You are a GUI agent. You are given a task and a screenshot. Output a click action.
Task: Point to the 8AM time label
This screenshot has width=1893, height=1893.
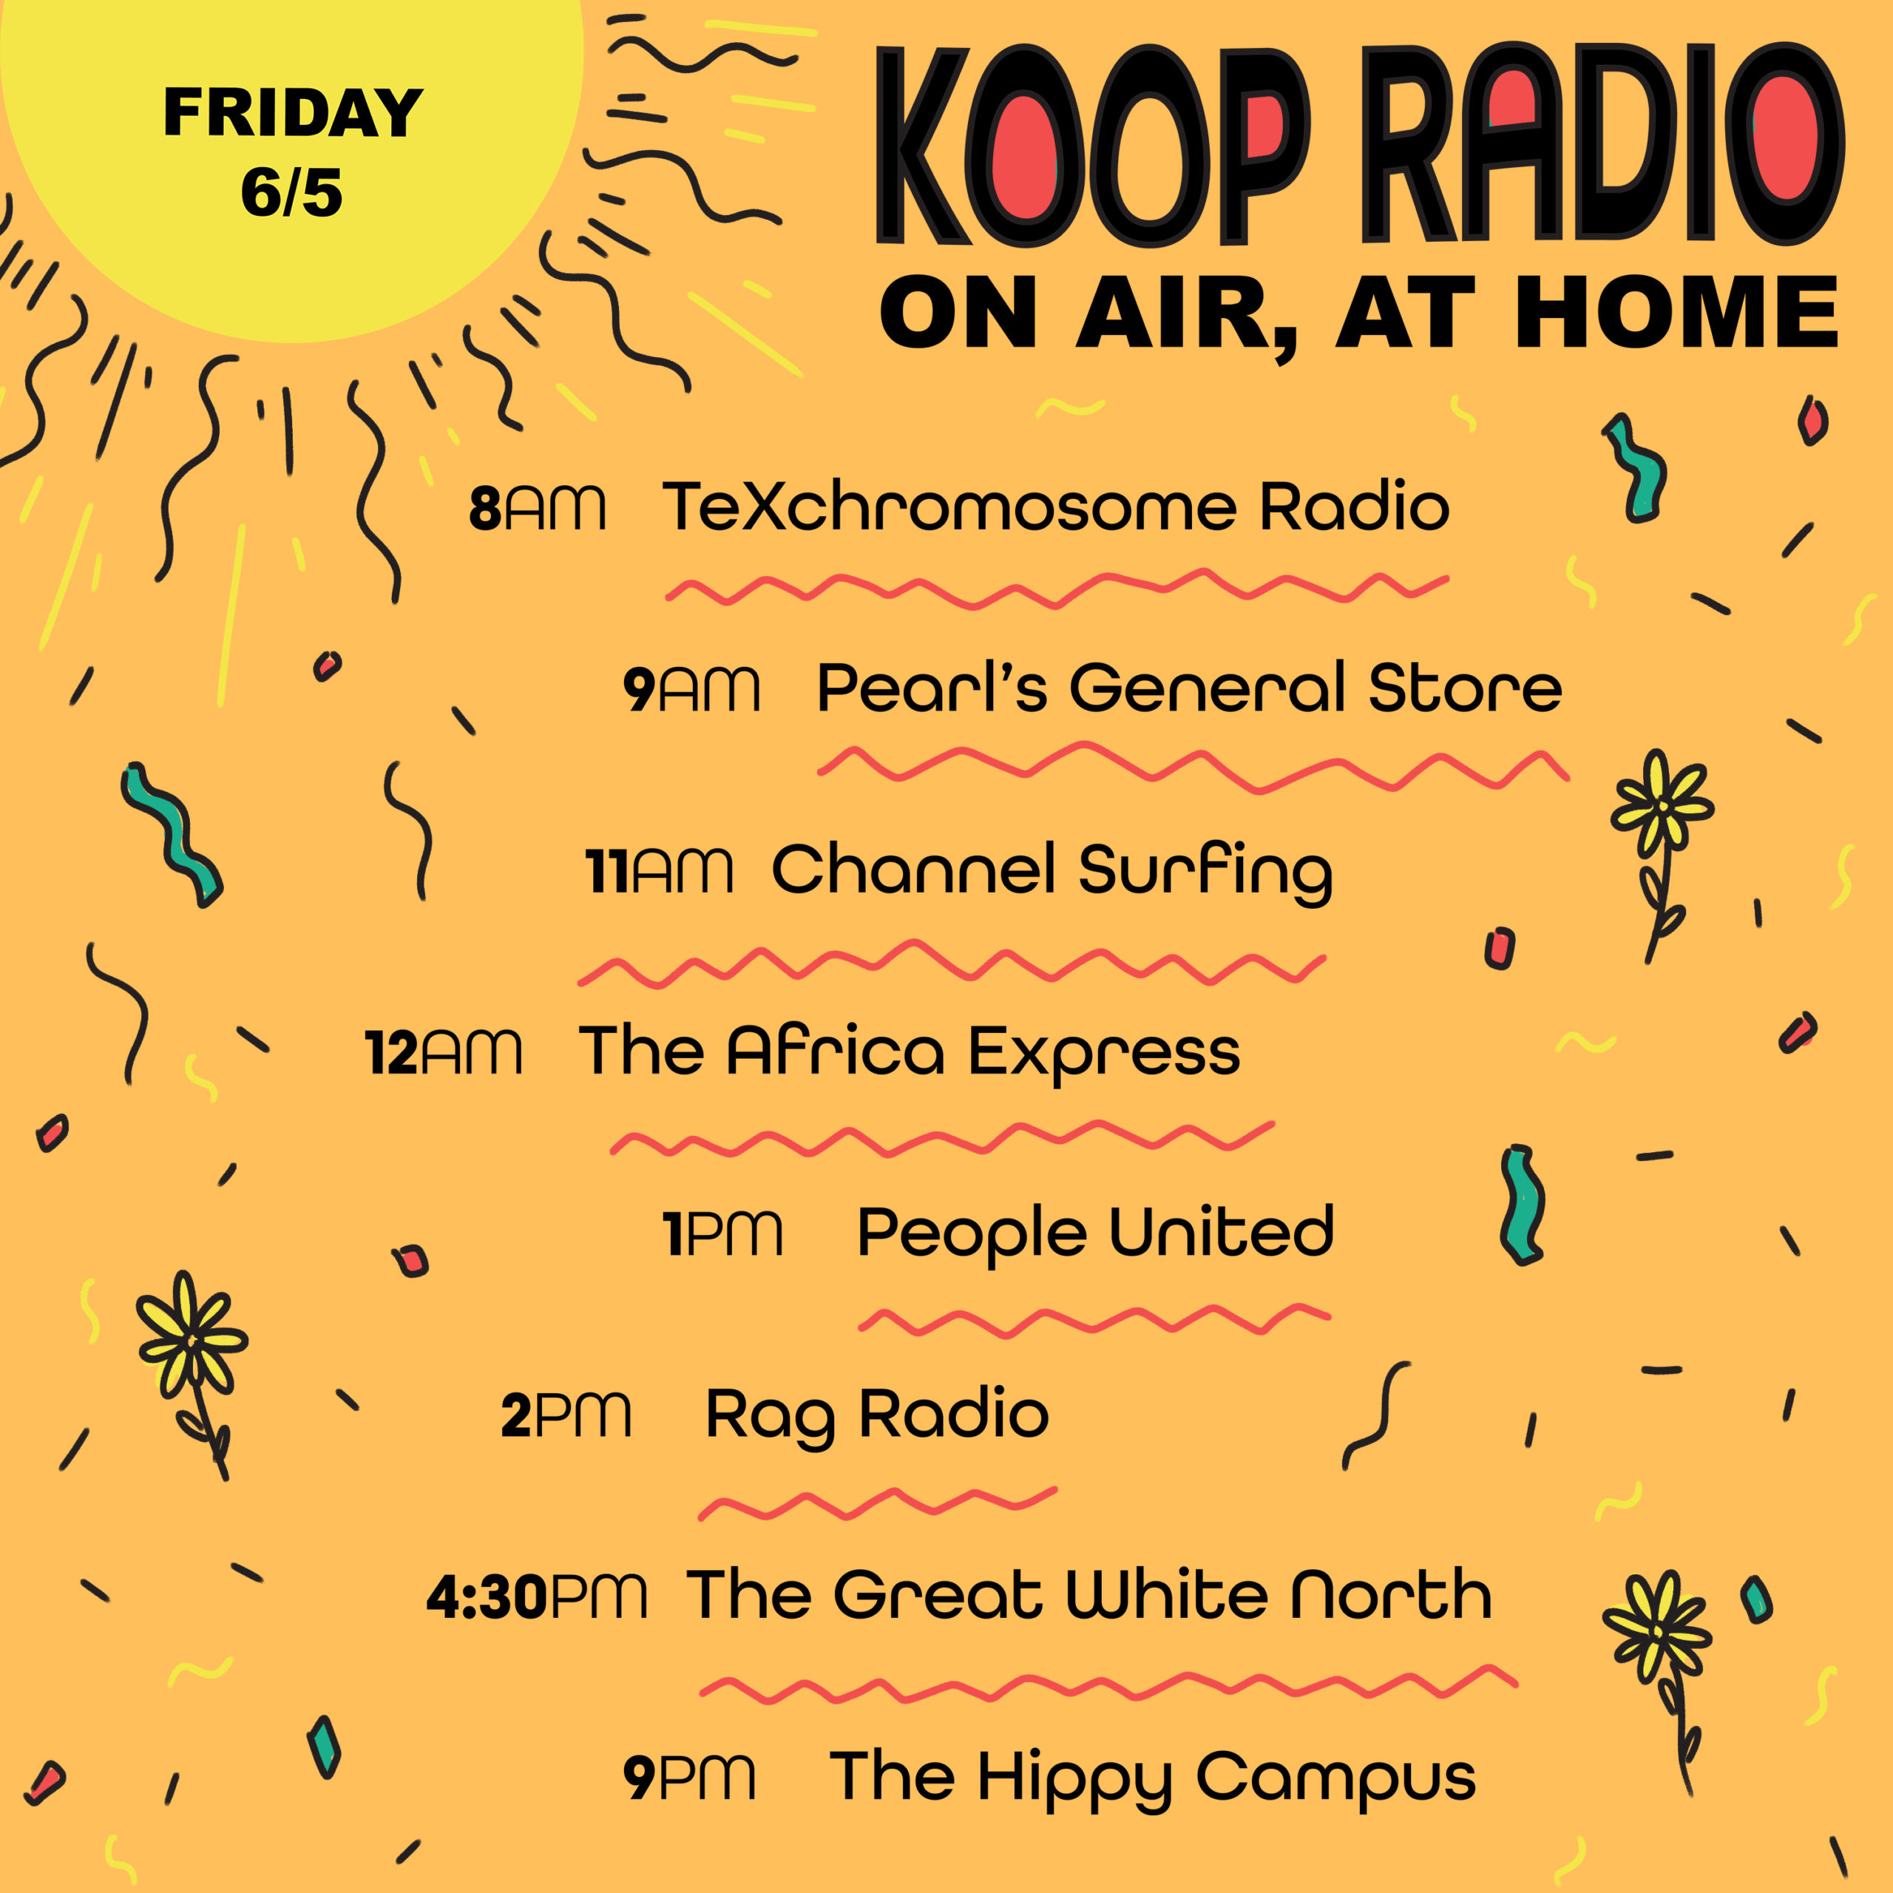click(x=537, y=509)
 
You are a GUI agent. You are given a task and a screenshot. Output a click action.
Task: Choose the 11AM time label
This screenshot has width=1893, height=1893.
click(x=658, y=870)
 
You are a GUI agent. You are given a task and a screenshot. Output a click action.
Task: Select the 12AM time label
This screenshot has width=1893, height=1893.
click(x=443, y=1052)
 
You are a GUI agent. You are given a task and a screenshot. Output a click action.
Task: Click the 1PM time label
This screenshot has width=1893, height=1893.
click(x=723, y=1233)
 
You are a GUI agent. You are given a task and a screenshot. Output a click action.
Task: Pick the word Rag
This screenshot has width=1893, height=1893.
click(x=770, y=1417)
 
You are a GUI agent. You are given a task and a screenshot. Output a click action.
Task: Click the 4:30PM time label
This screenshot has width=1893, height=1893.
click(x=537, y=1596)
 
